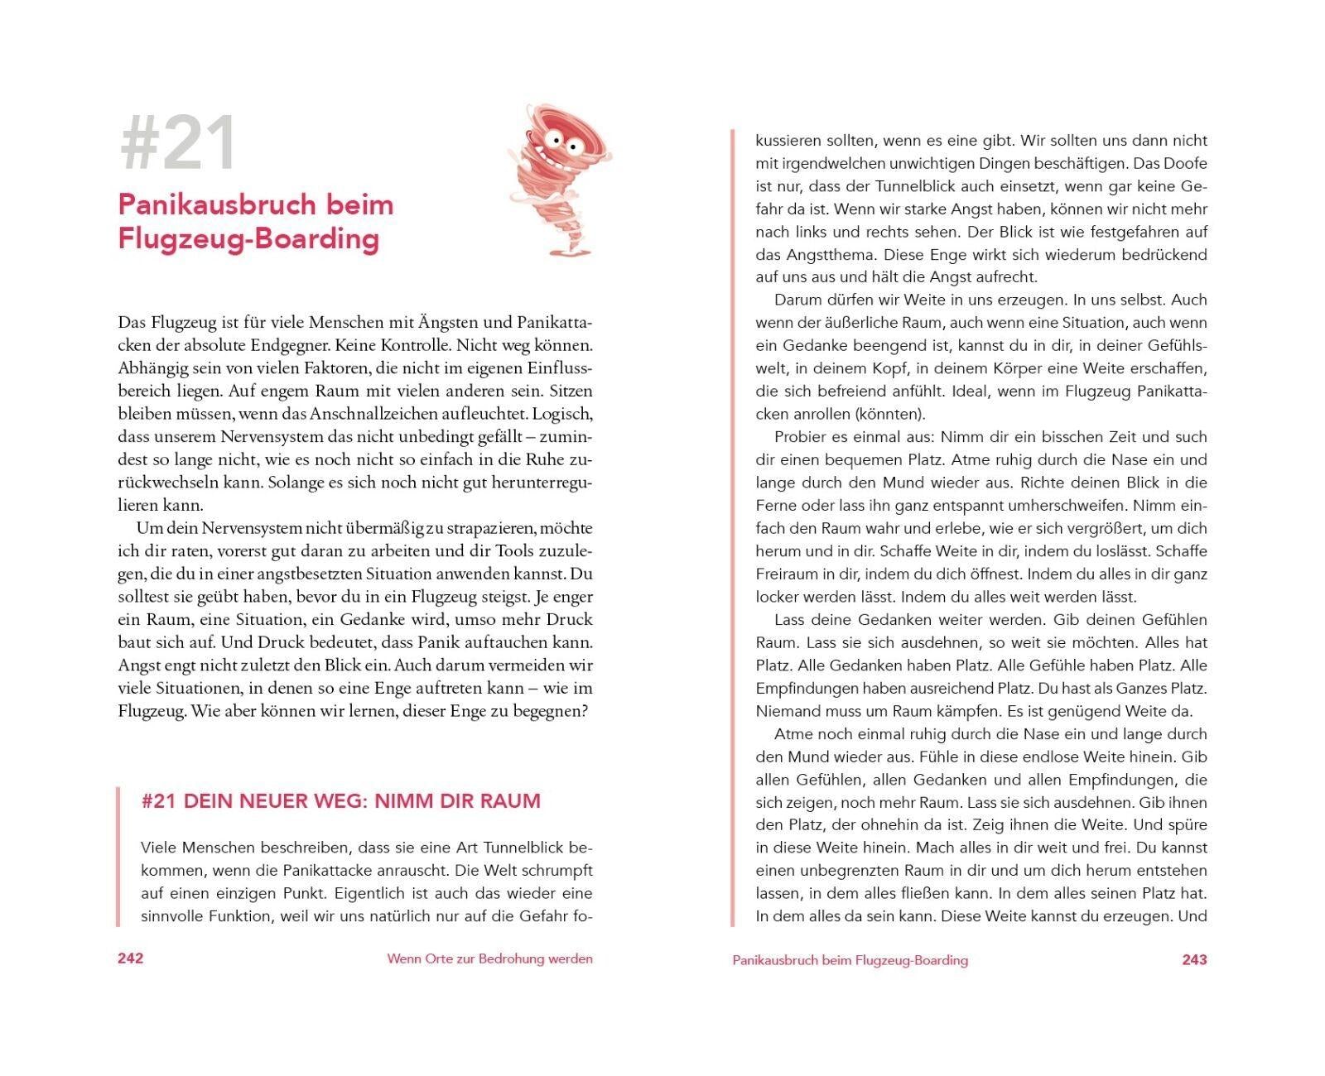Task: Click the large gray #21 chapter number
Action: coord(179,145)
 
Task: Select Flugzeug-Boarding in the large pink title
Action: coord(248,239)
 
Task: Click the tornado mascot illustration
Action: coord(556,178)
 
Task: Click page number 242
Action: coord(131,958)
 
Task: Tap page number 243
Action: coord(1194,959)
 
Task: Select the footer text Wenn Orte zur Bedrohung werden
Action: coord(489,959)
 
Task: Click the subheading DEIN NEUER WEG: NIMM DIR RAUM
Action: coord(362,801)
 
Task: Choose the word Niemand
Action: coord(788,711)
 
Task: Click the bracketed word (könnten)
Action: coord(890,414)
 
